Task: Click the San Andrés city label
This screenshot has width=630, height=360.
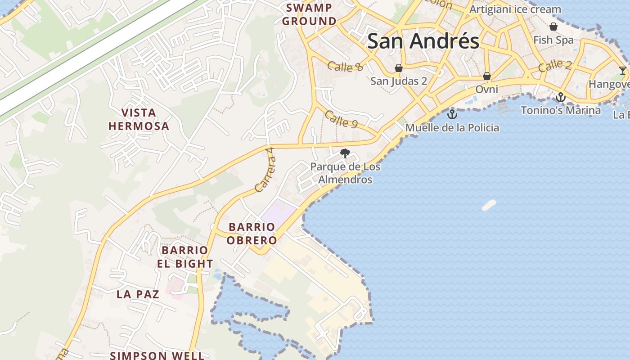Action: point(423,41)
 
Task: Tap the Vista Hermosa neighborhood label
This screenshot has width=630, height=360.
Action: point(139,119)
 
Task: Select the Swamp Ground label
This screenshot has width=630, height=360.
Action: point(309,14)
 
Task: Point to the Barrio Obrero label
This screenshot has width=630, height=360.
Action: point(251,234)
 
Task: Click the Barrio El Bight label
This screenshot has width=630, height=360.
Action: point(185,257)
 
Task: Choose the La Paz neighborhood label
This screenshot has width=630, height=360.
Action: point(138,294)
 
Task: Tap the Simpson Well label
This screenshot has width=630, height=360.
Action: point(157,355)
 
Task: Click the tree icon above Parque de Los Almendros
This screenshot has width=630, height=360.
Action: point(345,153)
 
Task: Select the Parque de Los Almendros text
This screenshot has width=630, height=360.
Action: point(345,173)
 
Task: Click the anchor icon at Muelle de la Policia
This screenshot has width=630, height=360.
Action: point(452,114)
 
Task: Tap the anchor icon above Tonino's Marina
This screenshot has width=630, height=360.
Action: point(560,97)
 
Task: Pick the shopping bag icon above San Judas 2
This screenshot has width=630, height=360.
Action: point(398,68)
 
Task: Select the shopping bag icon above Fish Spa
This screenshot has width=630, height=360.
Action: point(553,27)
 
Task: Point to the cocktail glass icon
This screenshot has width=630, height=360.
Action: point(622,70)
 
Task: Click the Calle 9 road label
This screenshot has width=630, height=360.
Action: point(341,119)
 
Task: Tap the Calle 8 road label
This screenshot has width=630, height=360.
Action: point(345,67)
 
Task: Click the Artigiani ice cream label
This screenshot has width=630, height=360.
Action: point(515,9)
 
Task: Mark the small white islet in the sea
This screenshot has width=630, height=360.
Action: point(489,205)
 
